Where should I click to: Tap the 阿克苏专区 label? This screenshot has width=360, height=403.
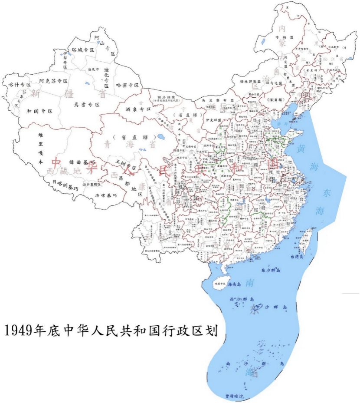[53, 81]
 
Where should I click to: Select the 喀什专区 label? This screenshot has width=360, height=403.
[20, 85]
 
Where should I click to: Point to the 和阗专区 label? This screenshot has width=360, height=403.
[39, 111]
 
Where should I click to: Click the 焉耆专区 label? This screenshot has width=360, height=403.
[87, 105]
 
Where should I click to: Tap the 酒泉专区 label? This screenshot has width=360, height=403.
[138, 109]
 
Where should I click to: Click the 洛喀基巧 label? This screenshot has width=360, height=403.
[106, 195]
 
